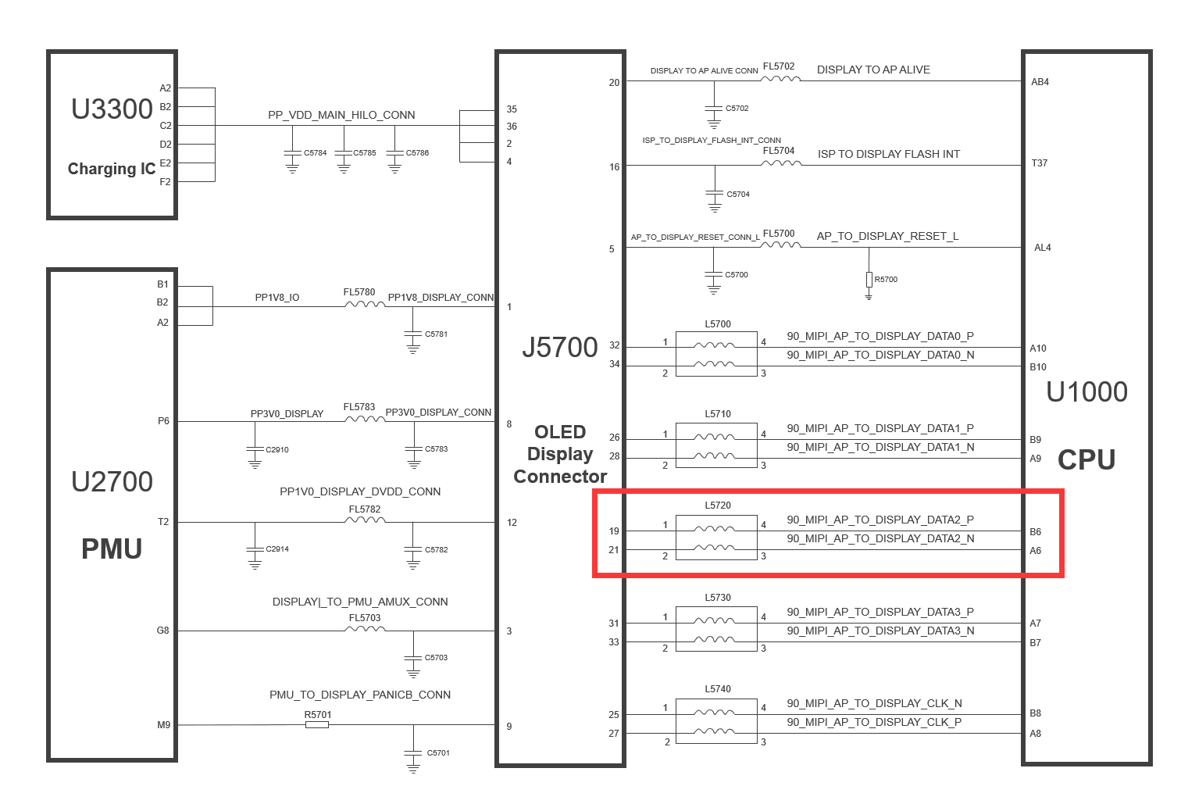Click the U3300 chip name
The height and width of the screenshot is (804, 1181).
[112, 109]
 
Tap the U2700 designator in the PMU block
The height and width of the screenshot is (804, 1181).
[112, 481]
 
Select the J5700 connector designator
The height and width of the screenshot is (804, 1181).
[560, 347]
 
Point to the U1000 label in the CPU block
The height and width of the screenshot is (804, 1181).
[1086, 392]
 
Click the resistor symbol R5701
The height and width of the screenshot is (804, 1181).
[317, 725]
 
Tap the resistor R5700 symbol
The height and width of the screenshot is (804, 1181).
[869, 280]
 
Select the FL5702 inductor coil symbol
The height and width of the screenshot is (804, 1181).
[780, 79]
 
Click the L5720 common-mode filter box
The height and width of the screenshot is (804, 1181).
[716, 538]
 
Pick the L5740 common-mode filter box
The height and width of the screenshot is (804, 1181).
[716, 721]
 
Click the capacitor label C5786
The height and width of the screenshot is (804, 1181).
[417, 153]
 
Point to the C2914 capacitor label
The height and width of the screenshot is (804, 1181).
[277, 549]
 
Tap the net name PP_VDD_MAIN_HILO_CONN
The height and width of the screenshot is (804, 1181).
[341, 115]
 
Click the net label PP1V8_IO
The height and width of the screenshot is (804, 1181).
[277, 298]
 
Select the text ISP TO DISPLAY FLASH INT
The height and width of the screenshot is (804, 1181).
[888, 154]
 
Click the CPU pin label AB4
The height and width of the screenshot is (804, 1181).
[1040, 82]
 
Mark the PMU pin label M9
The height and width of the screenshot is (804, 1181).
[163, 725]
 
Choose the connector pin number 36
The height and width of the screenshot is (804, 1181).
[512, 126]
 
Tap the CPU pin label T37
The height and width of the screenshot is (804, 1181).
[1039, 163]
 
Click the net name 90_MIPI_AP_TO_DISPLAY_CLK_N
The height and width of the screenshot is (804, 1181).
[874, 703]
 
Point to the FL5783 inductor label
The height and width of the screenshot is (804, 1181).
[359, 407]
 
